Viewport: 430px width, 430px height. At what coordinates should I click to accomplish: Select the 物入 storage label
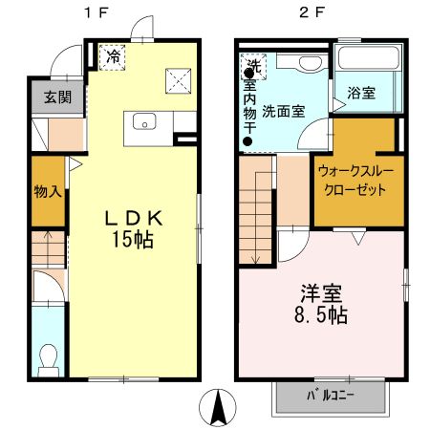coord(46,190)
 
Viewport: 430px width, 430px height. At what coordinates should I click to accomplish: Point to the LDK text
coord(134,218)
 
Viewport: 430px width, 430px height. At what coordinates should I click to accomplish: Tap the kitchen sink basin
coord(145,120)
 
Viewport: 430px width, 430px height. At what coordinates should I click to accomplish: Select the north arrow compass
coord(219,409)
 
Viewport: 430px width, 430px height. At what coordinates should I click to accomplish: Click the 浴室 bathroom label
coord(361,94)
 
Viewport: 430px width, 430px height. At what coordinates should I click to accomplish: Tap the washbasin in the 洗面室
coord(306,62)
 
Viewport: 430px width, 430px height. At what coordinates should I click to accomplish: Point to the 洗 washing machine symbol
coord(253,66)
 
